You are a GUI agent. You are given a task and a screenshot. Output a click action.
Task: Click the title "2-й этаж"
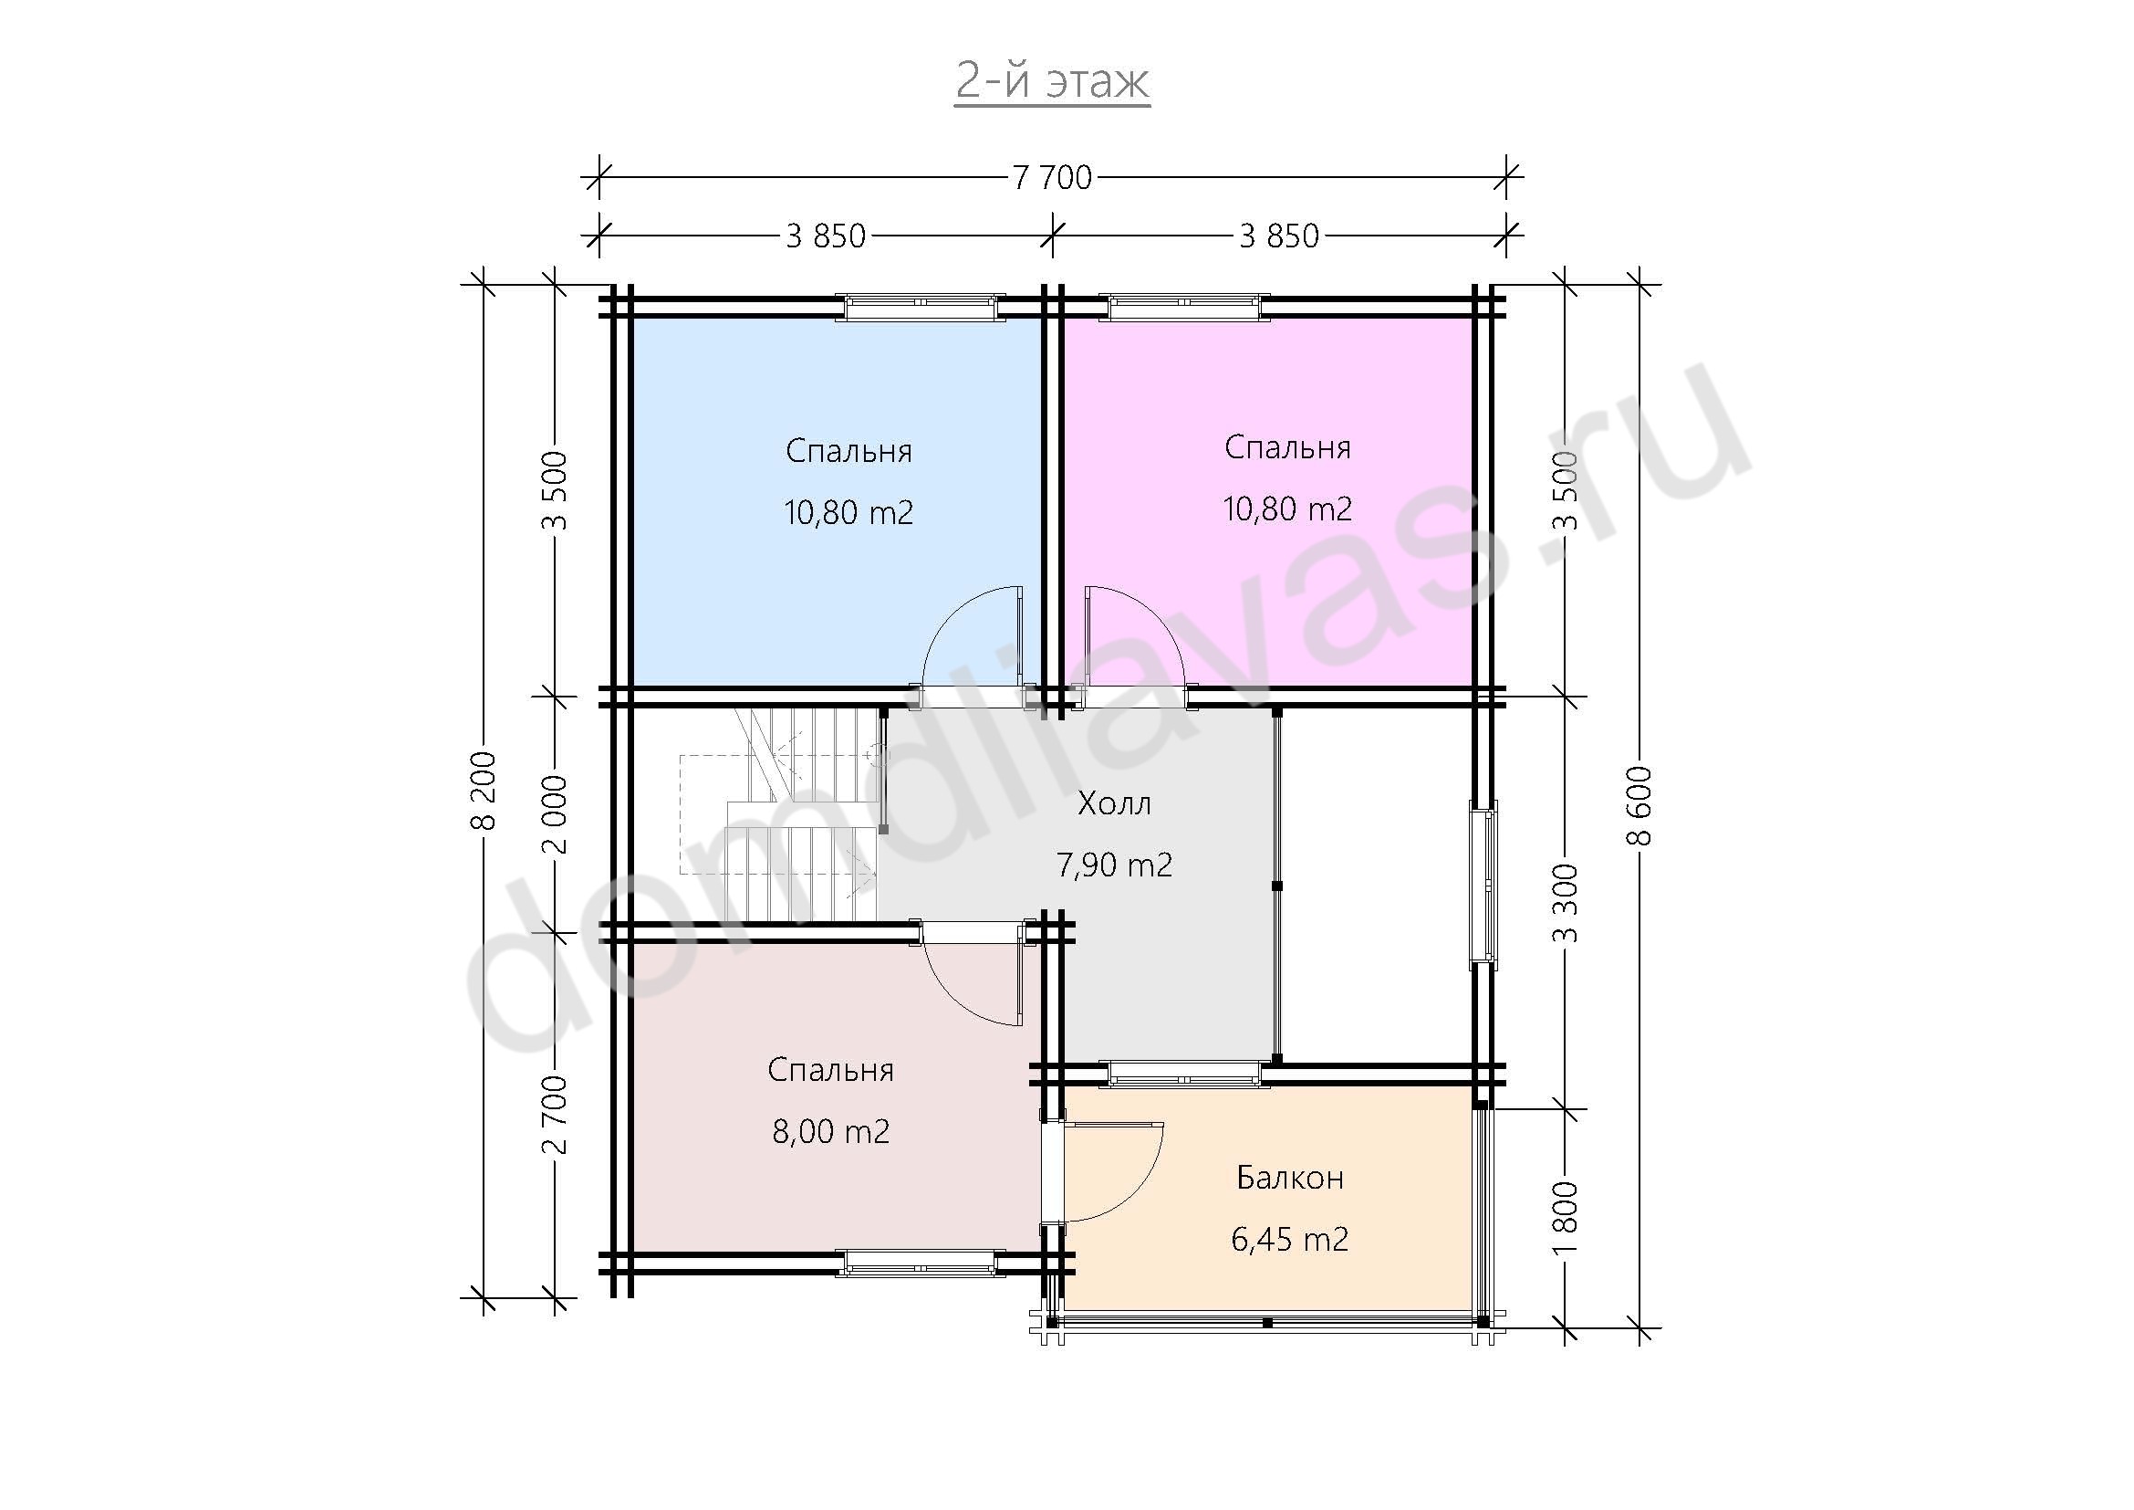click(1052, 82)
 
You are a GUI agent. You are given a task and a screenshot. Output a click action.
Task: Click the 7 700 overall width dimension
click(1052, 177)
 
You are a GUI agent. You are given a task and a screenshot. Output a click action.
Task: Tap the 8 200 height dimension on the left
click(484, 791)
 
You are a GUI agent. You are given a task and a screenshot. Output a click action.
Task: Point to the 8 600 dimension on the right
click(1640, 805)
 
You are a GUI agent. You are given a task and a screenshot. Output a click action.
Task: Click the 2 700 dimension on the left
click(556, 1115)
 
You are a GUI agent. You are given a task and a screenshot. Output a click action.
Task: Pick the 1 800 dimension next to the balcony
click(1567, 1217)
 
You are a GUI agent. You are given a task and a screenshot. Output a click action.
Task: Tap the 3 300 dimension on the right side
click(1567, 903)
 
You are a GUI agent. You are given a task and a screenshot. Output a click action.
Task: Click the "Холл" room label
click(1114, 803)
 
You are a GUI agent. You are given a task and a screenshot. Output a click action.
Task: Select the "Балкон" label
click(1290, 1178)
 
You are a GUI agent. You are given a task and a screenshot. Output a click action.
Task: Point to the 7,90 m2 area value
click(1114, 865)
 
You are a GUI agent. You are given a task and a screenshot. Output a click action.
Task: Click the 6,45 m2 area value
click(1290, 1240)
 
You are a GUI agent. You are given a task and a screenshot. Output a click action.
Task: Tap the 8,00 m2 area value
click(831, 1131)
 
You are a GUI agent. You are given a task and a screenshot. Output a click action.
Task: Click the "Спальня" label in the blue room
click(848, 452)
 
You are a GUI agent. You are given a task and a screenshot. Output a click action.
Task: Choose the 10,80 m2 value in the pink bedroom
click(1287, 509)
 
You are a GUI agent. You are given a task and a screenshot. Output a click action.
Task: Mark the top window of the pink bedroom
click(1184, 307)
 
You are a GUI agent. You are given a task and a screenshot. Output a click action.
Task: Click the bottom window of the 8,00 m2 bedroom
click(921, 1263)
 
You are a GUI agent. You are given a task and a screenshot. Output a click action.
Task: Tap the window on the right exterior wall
click(1483, 885)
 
